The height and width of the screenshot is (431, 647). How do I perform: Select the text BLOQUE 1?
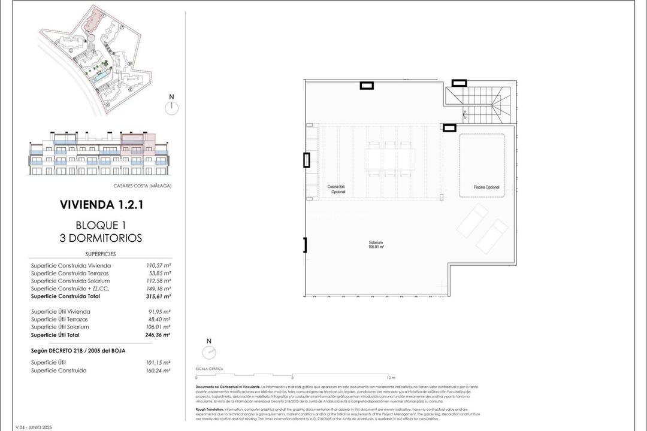click(x=101, y=225)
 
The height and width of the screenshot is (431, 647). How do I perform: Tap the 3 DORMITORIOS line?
click(x=101, y=238)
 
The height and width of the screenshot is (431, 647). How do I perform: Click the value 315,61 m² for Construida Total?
click(x=159, y=296)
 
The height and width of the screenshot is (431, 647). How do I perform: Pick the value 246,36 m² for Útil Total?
click(x=159, y=335)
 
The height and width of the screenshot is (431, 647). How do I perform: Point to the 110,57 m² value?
click(x=159, y=265)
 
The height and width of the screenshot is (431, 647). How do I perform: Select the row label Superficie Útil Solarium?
click(x=60, y=327)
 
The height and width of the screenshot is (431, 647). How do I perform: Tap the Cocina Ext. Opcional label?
click(x=336, y=189)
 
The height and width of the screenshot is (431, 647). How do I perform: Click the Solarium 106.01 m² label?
click(x=376, y=244)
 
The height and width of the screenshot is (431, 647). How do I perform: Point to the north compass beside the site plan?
click(x=171, y=107)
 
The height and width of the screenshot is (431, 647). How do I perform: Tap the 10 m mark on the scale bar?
click(x=391, y=378)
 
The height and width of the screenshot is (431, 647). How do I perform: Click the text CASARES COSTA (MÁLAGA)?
click(x=142, y=186)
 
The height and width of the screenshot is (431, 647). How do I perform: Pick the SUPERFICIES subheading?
click(x=101, y=254)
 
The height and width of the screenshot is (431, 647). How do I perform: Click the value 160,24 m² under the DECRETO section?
click(x=159, y=371)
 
